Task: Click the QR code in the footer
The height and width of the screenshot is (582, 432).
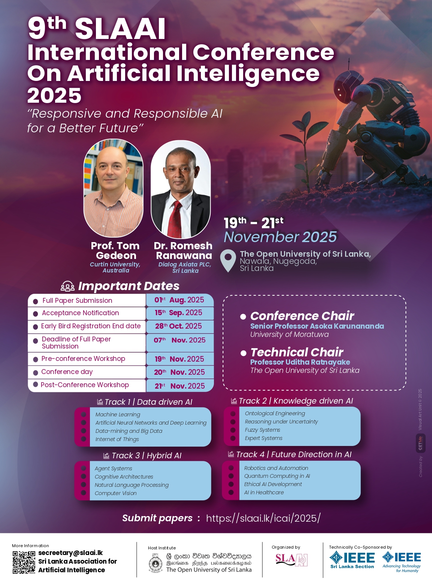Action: [x=24, y=562]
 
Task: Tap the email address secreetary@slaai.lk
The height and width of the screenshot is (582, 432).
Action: [x=70, y=553]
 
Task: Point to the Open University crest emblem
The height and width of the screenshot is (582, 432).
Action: [x=155, y=563]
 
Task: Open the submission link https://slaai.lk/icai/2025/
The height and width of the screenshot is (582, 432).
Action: [x=263, y=518]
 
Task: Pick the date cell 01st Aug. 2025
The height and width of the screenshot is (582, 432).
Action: [x=179, y=300]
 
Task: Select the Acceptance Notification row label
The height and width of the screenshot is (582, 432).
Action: [x=80, y=313]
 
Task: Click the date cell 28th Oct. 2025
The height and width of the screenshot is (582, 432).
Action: [x=178, y=326]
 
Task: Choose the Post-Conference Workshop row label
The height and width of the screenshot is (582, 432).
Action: [x=85, y=385]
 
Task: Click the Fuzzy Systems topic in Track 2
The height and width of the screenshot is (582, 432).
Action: [x=262, y=430]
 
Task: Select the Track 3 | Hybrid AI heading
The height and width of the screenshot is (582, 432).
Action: [x=142, y=456]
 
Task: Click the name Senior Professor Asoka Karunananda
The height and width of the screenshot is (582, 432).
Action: [x=317, y=326]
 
